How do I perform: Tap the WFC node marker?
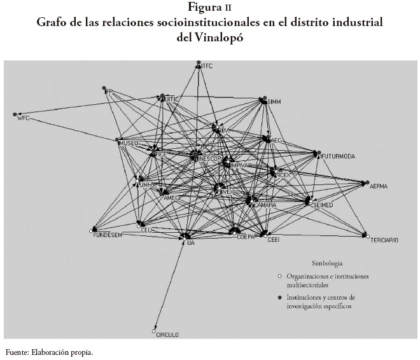[15, 114]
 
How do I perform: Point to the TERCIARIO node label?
[384, 240]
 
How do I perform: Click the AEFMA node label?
[379, 186]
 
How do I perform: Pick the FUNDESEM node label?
[108, 234]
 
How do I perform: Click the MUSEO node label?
[129, 144]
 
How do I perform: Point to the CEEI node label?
[273, 240]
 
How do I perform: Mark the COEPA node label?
[246, 237]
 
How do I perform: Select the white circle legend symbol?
[279, 276]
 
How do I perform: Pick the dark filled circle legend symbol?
[279, 298]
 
